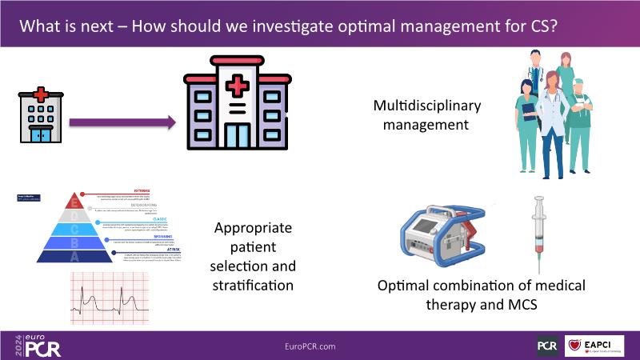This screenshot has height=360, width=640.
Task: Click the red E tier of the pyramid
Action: tap(75, 200)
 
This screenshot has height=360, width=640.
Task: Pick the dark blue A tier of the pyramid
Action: tap(75, 256)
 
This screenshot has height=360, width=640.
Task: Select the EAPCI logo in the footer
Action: tap(594, 346)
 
